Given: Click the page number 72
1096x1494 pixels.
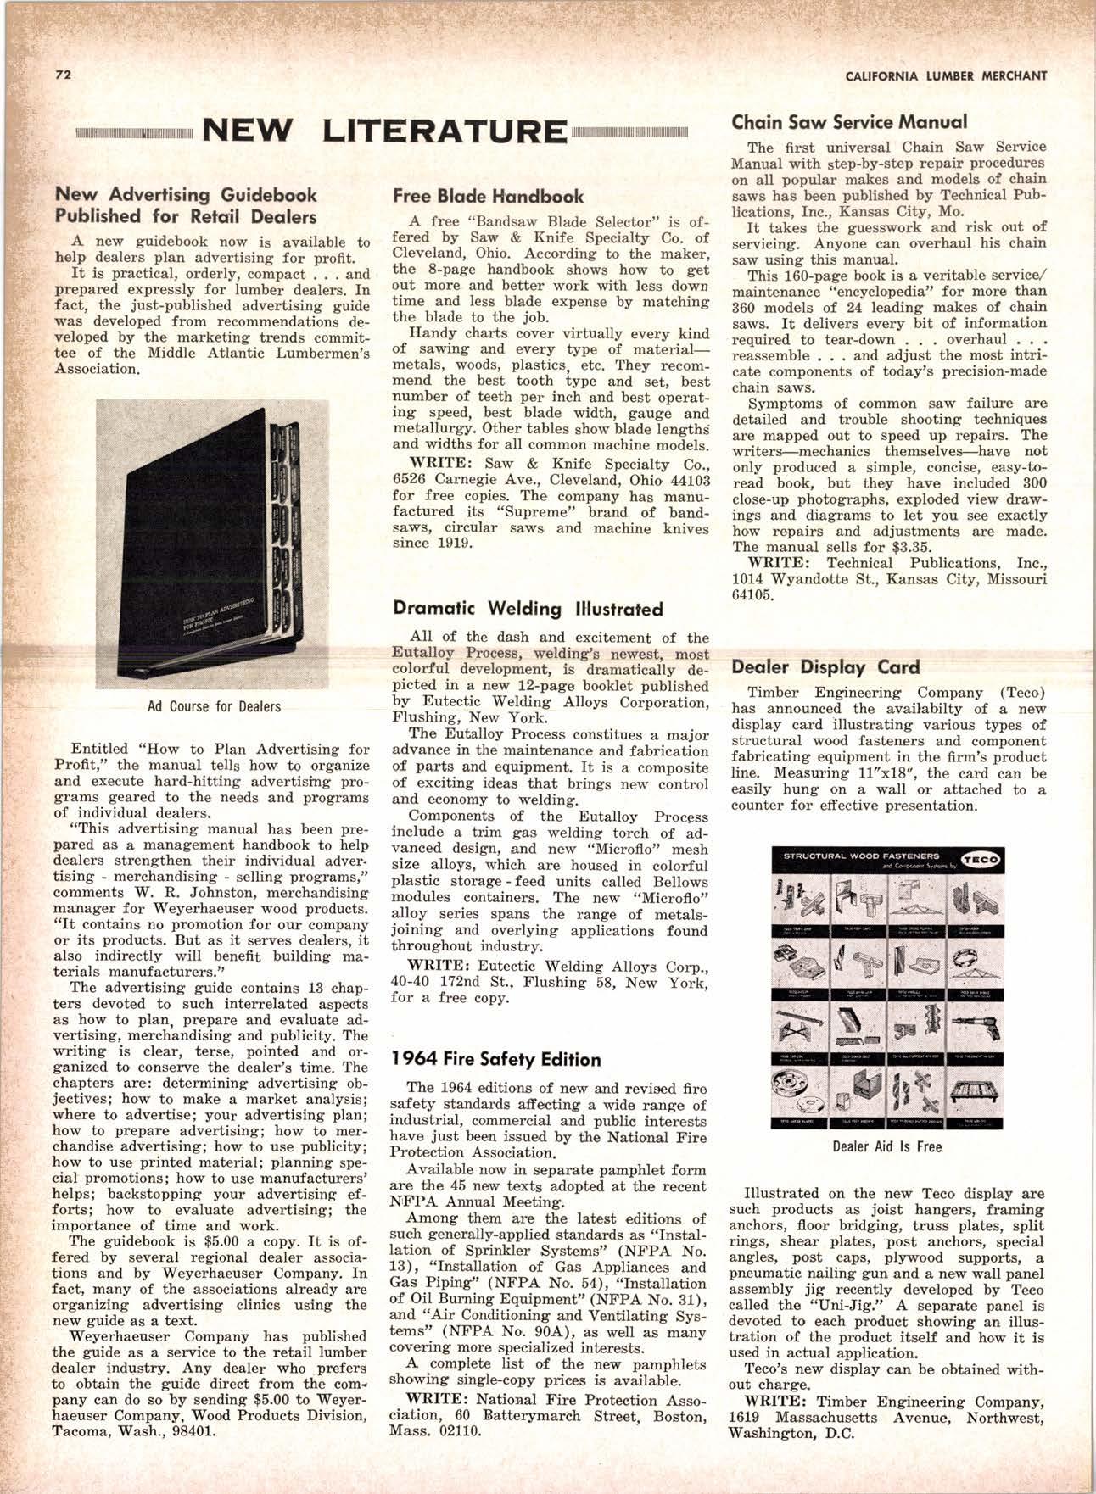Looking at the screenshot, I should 60,74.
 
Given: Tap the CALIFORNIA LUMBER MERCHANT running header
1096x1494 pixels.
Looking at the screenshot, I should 947,75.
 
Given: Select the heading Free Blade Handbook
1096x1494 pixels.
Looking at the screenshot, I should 488,196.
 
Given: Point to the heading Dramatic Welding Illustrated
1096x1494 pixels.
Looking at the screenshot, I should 528,609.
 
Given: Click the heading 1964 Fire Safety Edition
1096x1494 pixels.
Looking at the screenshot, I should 496,1059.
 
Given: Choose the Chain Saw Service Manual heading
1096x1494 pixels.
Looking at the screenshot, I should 849,122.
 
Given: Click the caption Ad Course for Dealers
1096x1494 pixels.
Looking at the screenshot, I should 214,706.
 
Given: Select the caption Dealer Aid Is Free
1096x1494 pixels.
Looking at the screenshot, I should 886,1147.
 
